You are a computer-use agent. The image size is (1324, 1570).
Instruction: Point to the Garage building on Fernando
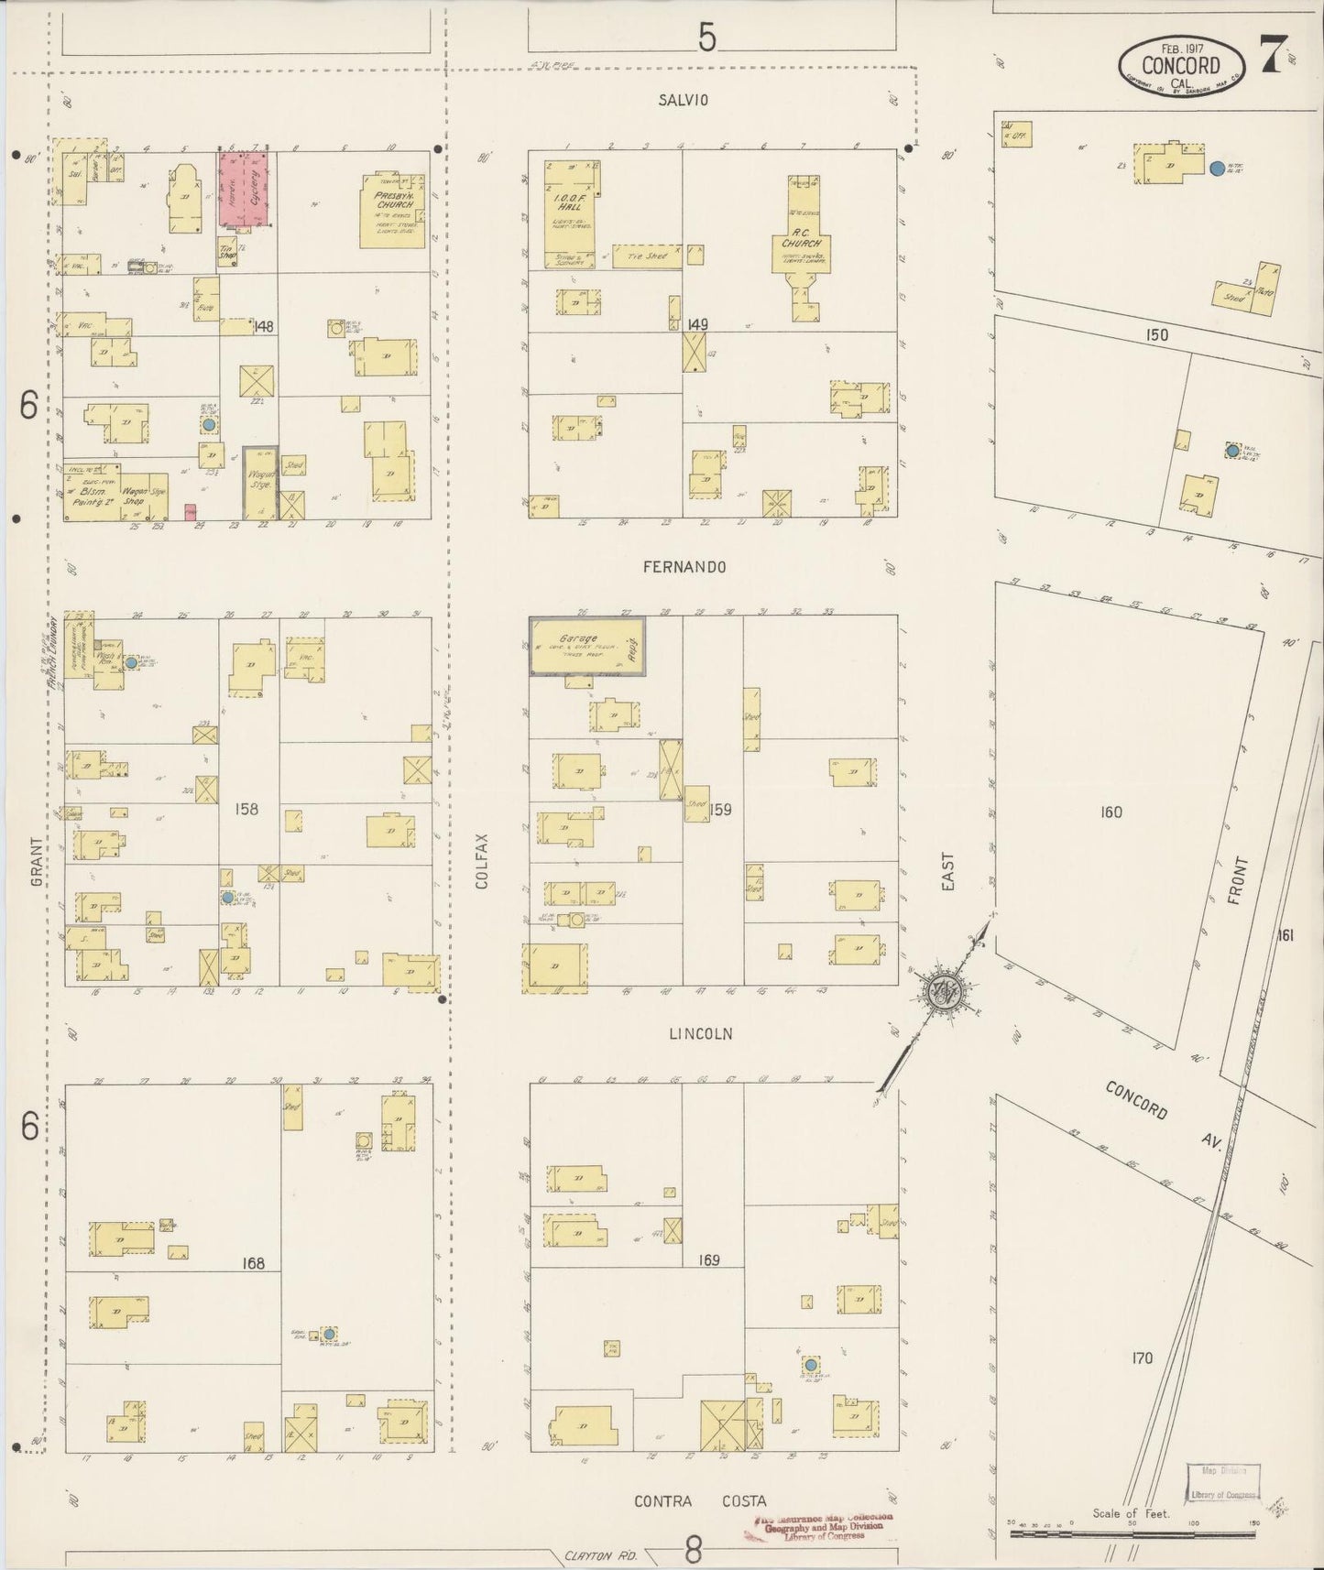coord(587,646)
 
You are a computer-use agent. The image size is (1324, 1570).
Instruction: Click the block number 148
coord(265,326)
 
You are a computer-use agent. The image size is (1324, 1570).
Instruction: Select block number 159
coord(721,810)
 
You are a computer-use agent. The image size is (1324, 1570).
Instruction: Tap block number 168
coord(253,1263)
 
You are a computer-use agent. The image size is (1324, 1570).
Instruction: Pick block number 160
coord(1111,812)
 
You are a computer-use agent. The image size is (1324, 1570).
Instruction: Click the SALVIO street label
coord(684,100)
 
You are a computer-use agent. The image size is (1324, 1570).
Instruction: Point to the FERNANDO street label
coord(684,567)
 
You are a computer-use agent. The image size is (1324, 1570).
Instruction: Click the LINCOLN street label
coord(700,1034)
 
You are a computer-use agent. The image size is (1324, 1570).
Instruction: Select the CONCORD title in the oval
coord(1180,65)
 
